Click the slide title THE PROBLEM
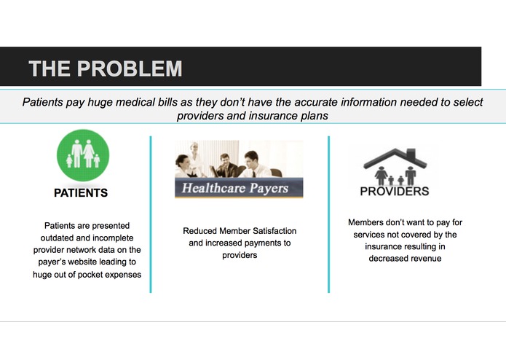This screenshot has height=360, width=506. (x=105, y=69)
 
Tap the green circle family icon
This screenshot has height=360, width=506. (x=83, y=155)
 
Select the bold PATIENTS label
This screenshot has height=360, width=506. (x=81, y=194)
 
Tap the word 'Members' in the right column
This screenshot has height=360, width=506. (x=368, y=222)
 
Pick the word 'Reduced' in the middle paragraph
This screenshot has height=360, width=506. (x=199, y=231)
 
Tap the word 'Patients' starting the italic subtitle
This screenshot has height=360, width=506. (x=44, y=103)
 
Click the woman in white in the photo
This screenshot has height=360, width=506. (x=194, y=157)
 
